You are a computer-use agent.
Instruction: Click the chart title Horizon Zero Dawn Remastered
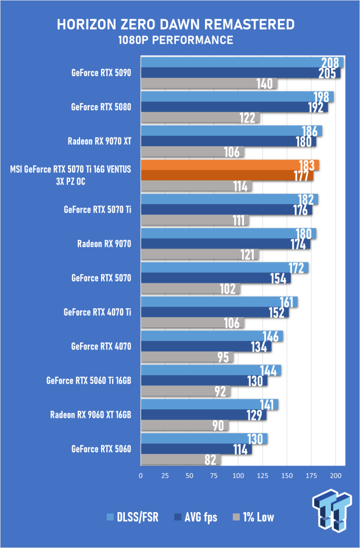[175, 24]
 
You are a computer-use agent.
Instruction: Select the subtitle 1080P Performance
[175, 40]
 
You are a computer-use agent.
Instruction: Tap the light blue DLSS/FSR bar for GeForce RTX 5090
[242, 62]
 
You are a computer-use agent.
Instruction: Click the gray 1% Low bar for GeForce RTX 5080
[200, 118]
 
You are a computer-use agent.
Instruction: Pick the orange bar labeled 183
[230, 165]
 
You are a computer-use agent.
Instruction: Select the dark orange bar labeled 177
[227, 175]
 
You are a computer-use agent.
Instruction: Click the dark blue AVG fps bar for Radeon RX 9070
[226, 244]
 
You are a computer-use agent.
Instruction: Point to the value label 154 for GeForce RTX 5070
[278, 279]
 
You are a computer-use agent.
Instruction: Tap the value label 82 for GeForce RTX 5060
[210, 460]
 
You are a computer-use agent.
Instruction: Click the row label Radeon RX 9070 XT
[100, 141]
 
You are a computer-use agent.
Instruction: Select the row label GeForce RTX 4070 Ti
[98, 312]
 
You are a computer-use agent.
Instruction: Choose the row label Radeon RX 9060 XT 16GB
[91, 415]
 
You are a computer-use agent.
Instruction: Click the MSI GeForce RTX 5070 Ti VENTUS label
[71, 175]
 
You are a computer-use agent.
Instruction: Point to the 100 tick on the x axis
[239, 475]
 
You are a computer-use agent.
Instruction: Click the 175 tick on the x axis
[311, 475]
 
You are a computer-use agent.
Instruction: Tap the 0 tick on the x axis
[141, 475]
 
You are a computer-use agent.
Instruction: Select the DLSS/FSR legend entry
[133, 517]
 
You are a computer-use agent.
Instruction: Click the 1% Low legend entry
[253, 517]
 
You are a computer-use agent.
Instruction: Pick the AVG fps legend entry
[196, 517]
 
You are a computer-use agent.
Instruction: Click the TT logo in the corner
[332, 511]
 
